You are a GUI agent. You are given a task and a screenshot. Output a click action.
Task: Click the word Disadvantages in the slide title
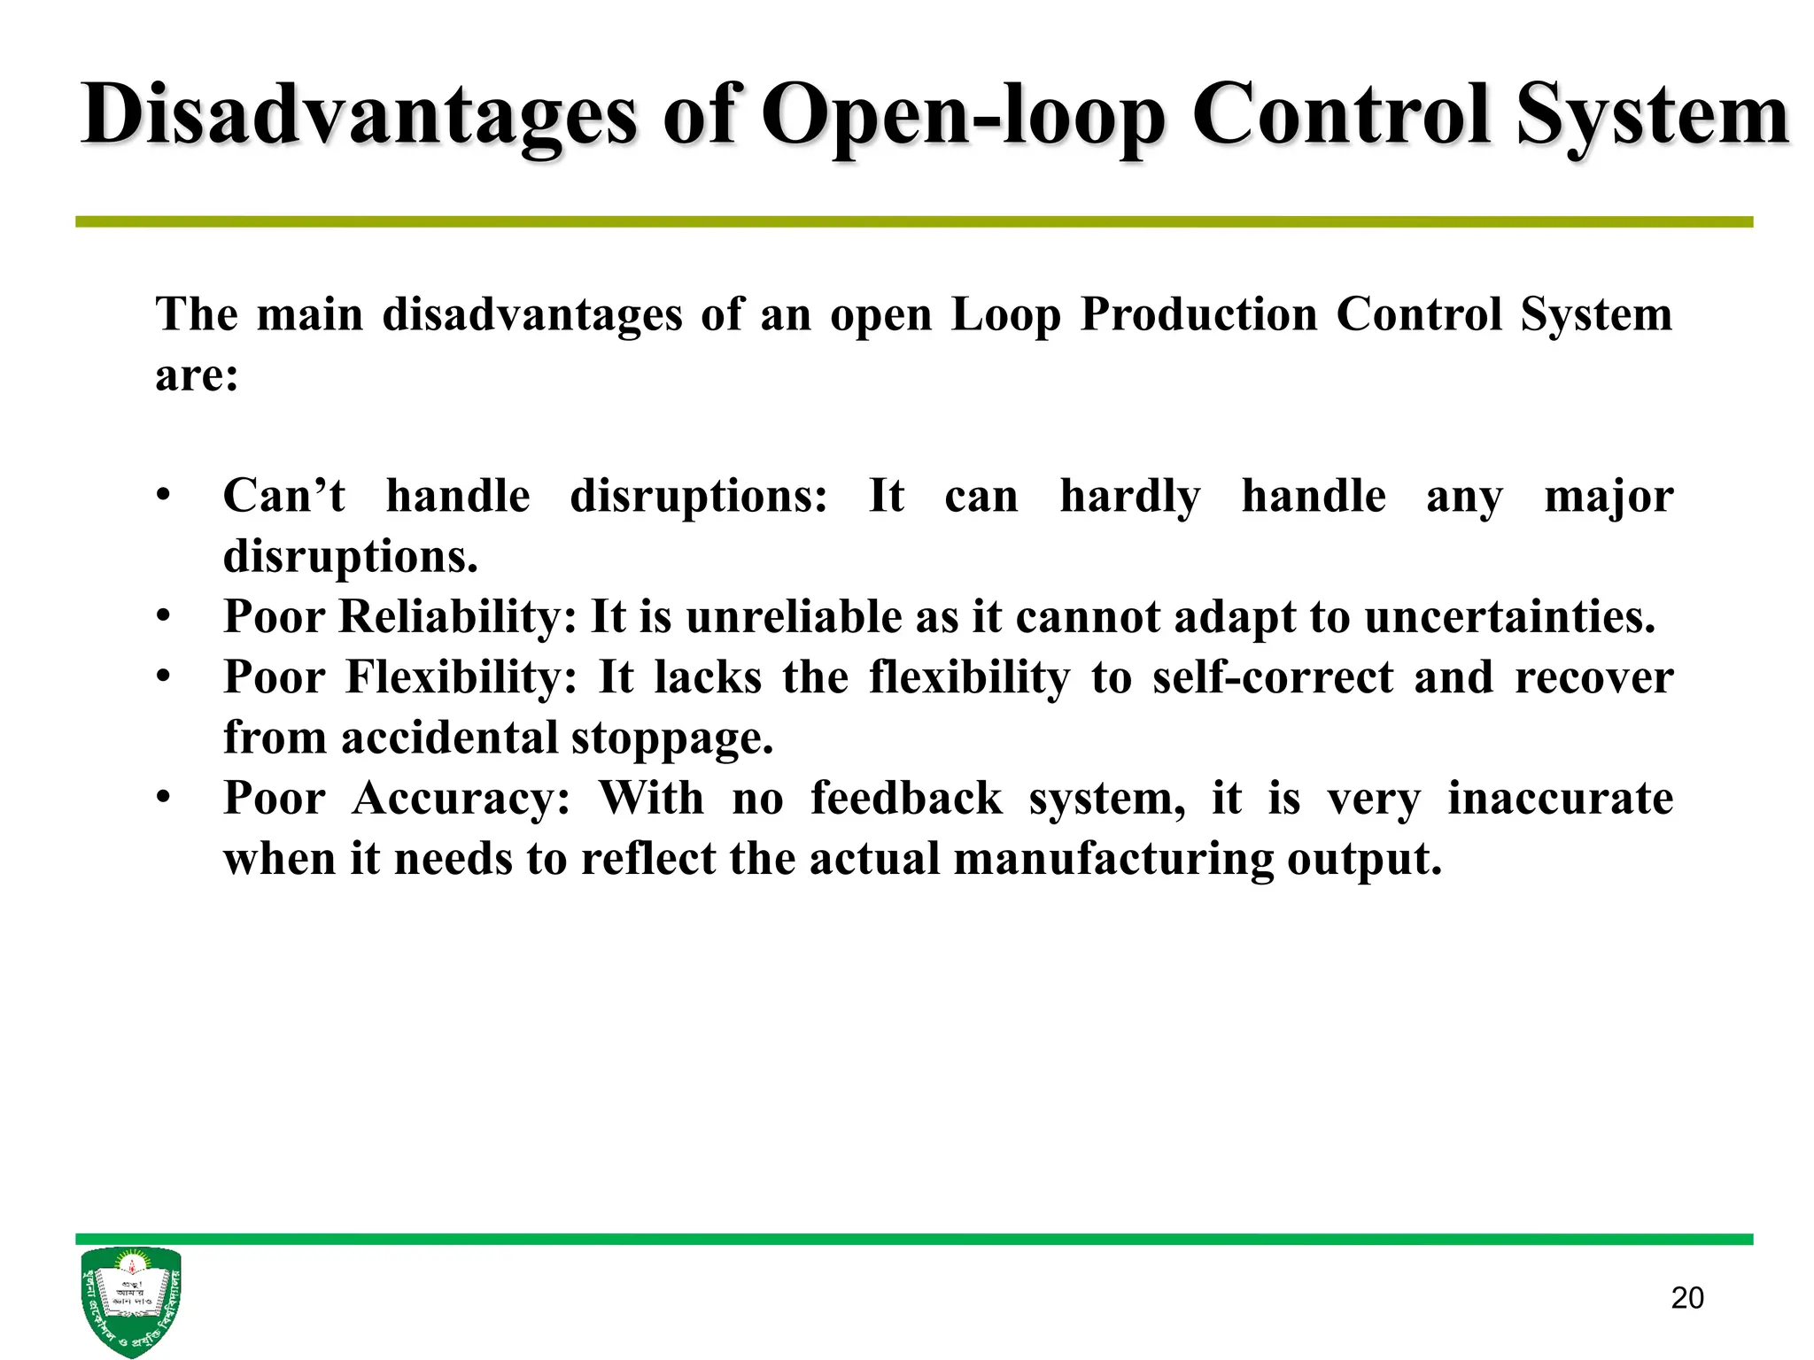click(x=359, y=115)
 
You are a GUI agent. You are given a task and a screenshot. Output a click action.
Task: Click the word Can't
click(x=283, y=496)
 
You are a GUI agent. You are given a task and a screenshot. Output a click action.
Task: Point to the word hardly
click(x=1130, y=496)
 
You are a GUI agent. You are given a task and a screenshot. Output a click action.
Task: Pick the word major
click(x=1609, y=496)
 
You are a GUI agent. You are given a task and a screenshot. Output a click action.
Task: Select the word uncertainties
click(x=1509, y=616)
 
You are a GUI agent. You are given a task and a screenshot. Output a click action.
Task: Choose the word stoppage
click(x=672, y=738)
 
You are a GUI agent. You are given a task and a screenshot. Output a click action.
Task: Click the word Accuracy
click(x=461, y=799)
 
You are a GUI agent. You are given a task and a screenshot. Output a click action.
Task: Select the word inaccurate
click(x=1560, y=799)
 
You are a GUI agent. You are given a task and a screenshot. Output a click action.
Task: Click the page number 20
click(x=1687, y=1298)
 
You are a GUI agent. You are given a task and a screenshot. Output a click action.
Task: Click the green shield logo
click(x=131, y=1301)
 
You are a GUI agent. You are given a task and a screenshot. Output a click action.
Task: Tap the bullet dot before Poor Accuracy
click(x=163, y=799)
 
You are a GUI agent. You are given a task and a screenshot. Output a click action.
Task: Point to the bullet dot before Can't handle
click(x=163, y=496)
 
